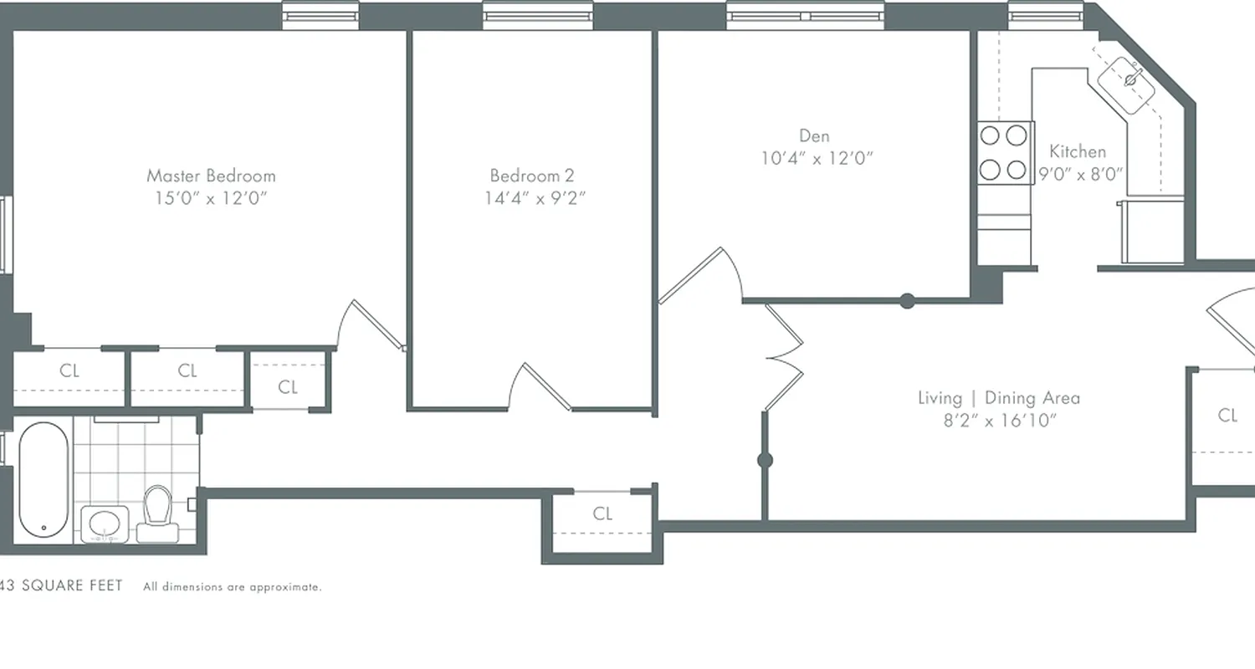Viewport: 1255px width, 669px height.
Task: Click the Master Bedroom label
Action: click(x=211, y=176)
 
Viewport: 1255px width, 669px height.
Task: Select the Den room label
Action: click(x=813, y=135)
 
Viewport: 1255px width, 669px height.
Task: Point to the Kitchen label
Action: click(x=1078, y=151)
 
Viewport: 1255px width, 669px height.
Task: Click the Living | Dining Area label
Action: click(x=998, y=398)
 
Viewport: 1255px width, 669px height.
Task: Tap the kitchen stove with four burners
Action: click(x=1004, y=153)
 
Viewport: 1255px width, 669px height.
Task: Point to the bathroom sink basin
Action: click(x=105, y=524)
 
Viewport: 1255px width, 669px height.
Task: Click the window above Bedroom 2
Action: click(x=538, y=15)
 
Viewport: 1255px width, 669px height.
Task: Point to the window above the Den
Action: click(x=805, y=15)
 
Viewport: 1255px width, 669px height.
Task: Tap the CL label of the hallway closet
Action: click(x=602, y=513)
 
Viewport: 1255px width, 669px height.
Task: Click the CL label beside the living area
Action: click(x=1227, y=415)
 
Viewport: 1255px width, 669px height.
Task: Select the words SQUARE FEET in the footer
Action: click(x=72, y=585)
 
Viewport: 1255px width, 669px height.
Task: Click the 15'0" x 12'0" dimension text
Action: click(x=211, y=198)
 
